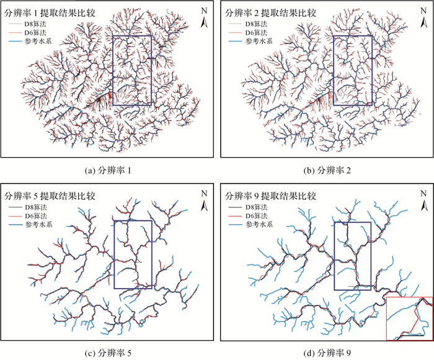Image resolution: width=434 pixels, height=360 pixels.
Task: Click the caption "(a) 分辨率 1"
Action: pyautogui.click(x=107, y=169)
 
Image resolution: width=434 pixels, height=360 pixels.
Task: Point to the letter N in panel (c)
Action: pyautogui.click(x=205, y=193)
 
